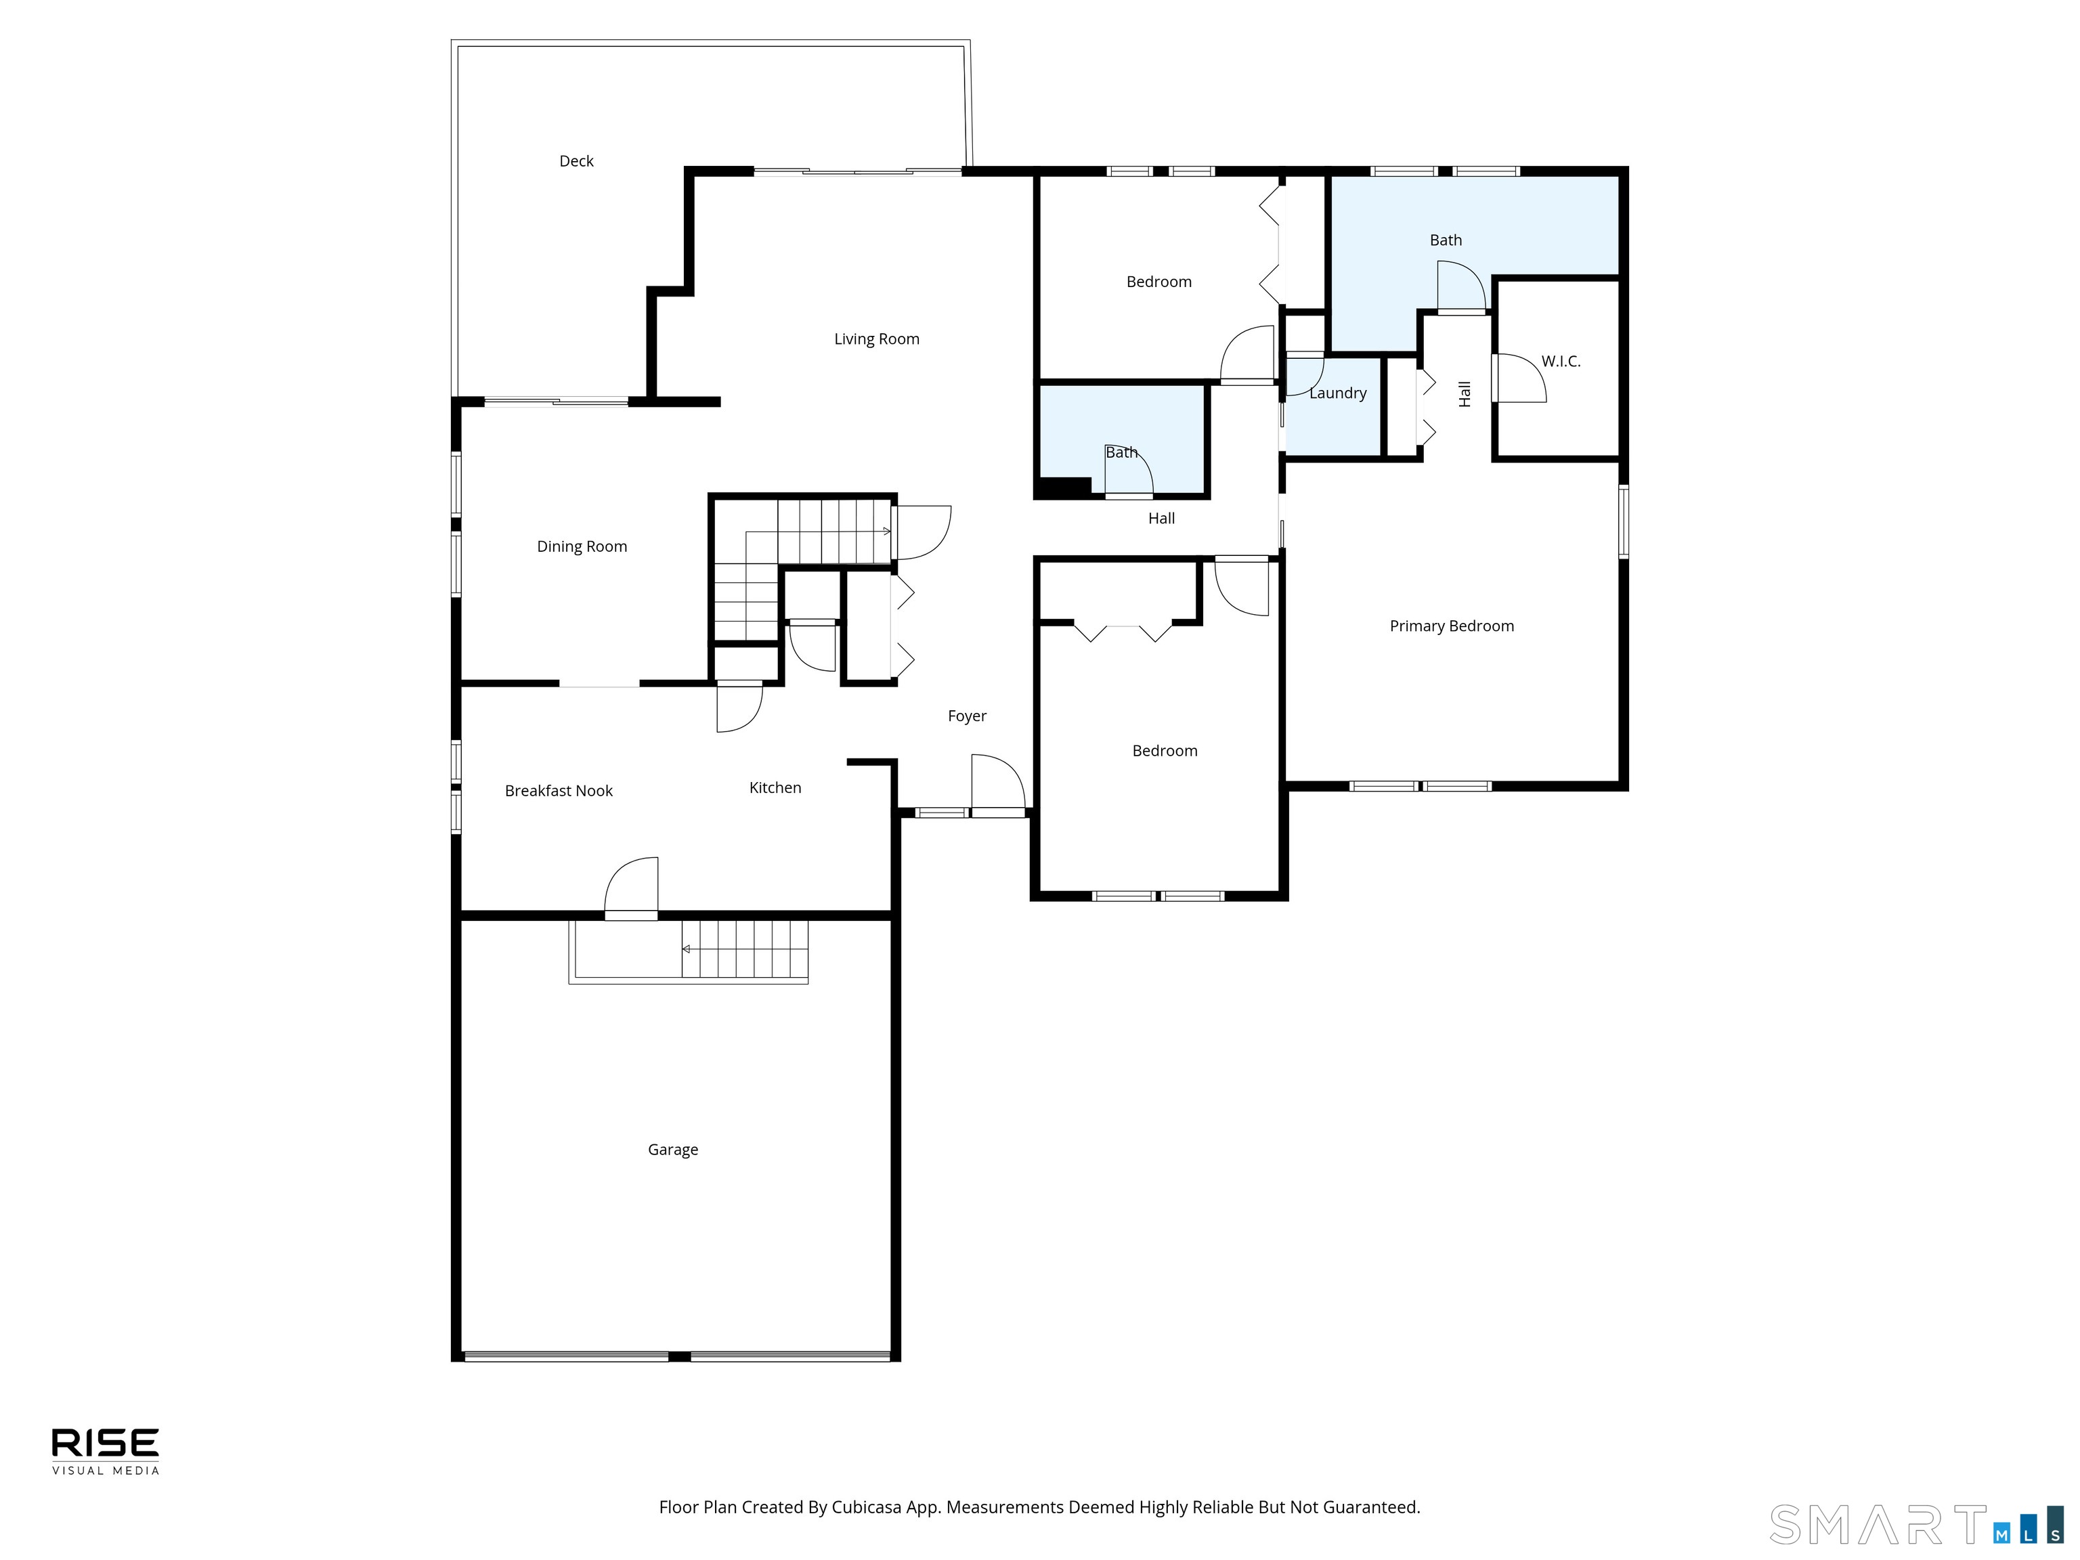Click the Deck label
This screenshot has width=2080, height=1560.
coord(576,160)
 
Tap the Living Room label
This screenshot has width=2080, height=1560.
coord(876,339)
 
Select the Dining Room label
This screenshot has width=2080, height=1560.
coord(582,546)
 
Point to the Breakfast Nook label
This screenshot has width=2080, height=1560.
coord(559,791)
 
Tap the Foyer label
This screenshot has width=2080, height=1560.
coord(967,716)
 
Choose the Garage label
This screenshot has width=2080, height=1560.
coord(672,1150)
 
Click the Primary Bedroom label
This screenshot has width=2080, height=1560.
coord(1452,626)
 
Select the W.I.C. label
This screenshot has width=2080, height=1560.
coord(1561,361)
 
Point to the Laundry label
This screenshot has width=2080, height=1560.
coord(1338,393)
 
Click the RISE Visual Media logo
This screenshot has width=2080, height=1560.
coord(106,1451)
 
